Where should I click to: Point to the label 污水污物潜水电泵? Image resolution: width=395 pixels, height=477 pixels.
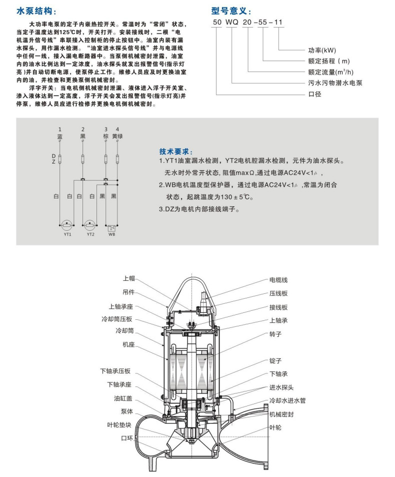tap(332, 82)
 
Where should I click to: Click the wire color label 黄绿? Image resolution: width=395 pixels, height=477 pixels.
tap(118, 136)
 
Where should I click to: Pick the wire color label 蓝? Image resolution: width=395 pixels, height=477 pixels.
tap(60, 136)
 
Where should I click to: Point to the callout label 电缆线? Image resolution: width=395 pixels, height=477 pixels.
tap(278, 280)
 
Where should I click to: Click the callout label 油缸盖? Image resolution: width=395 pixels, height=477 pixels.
tap(123, 398)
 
